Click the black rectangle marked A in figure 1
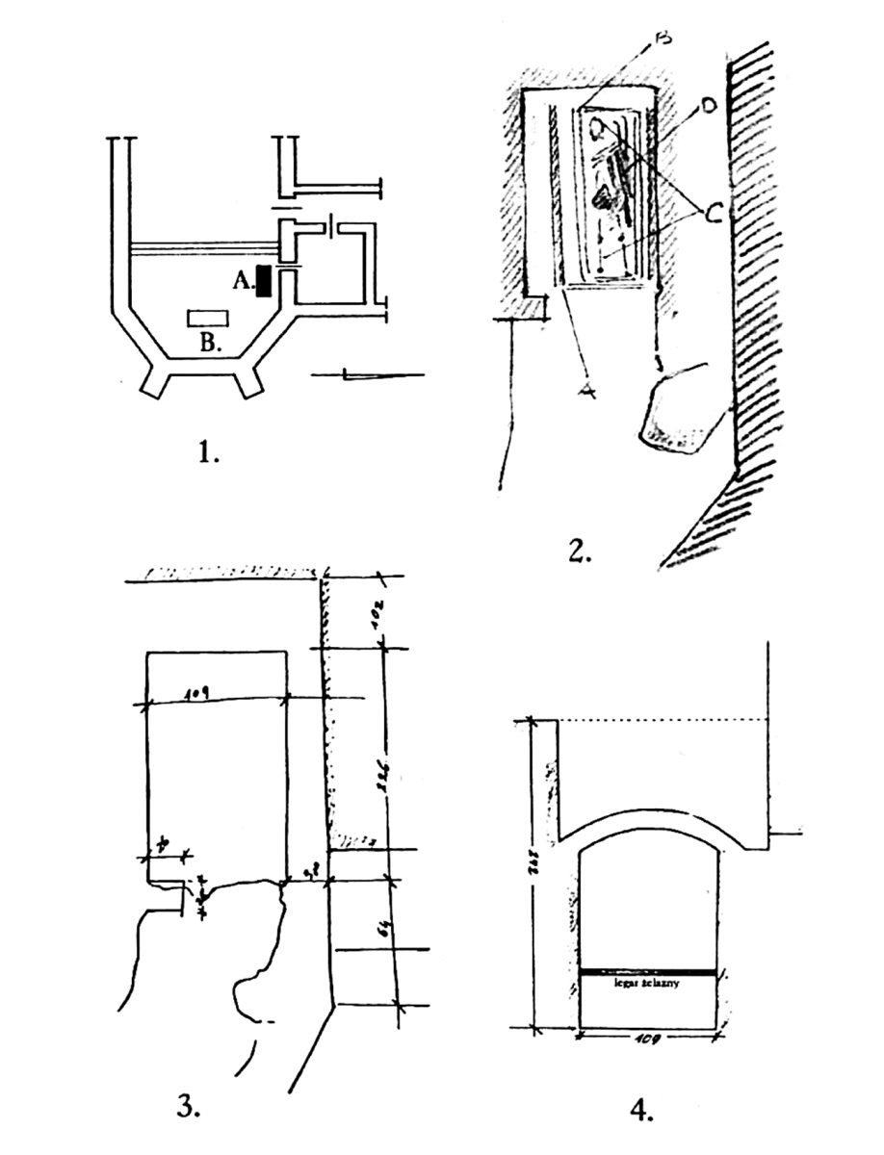(x=264, y=281)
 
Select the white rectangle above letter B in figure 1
(x=209, y=317)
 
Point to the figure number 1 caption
(x=207, y=449)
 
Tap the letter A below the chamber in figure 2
(x=586, y=389)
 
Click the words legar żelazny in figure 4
(x=648, y=985)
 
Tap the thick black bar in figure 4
(x=648, y=973)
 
